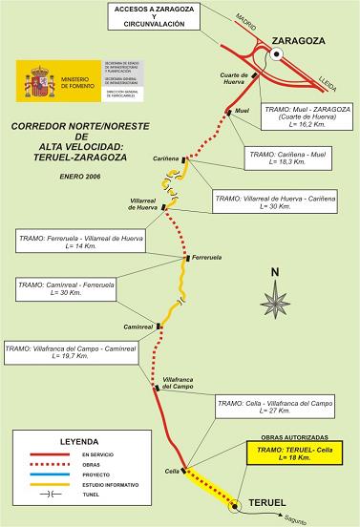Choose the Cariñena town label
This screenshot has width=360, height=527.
(x=167, y=155)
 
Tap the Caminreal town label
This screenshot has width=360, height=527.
(x=139, y=327)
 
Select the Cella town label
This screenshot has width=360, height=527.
(x=172, y=471)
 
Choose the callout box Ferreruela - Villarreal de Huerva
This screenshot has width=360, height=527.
(x=76, y=241)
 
